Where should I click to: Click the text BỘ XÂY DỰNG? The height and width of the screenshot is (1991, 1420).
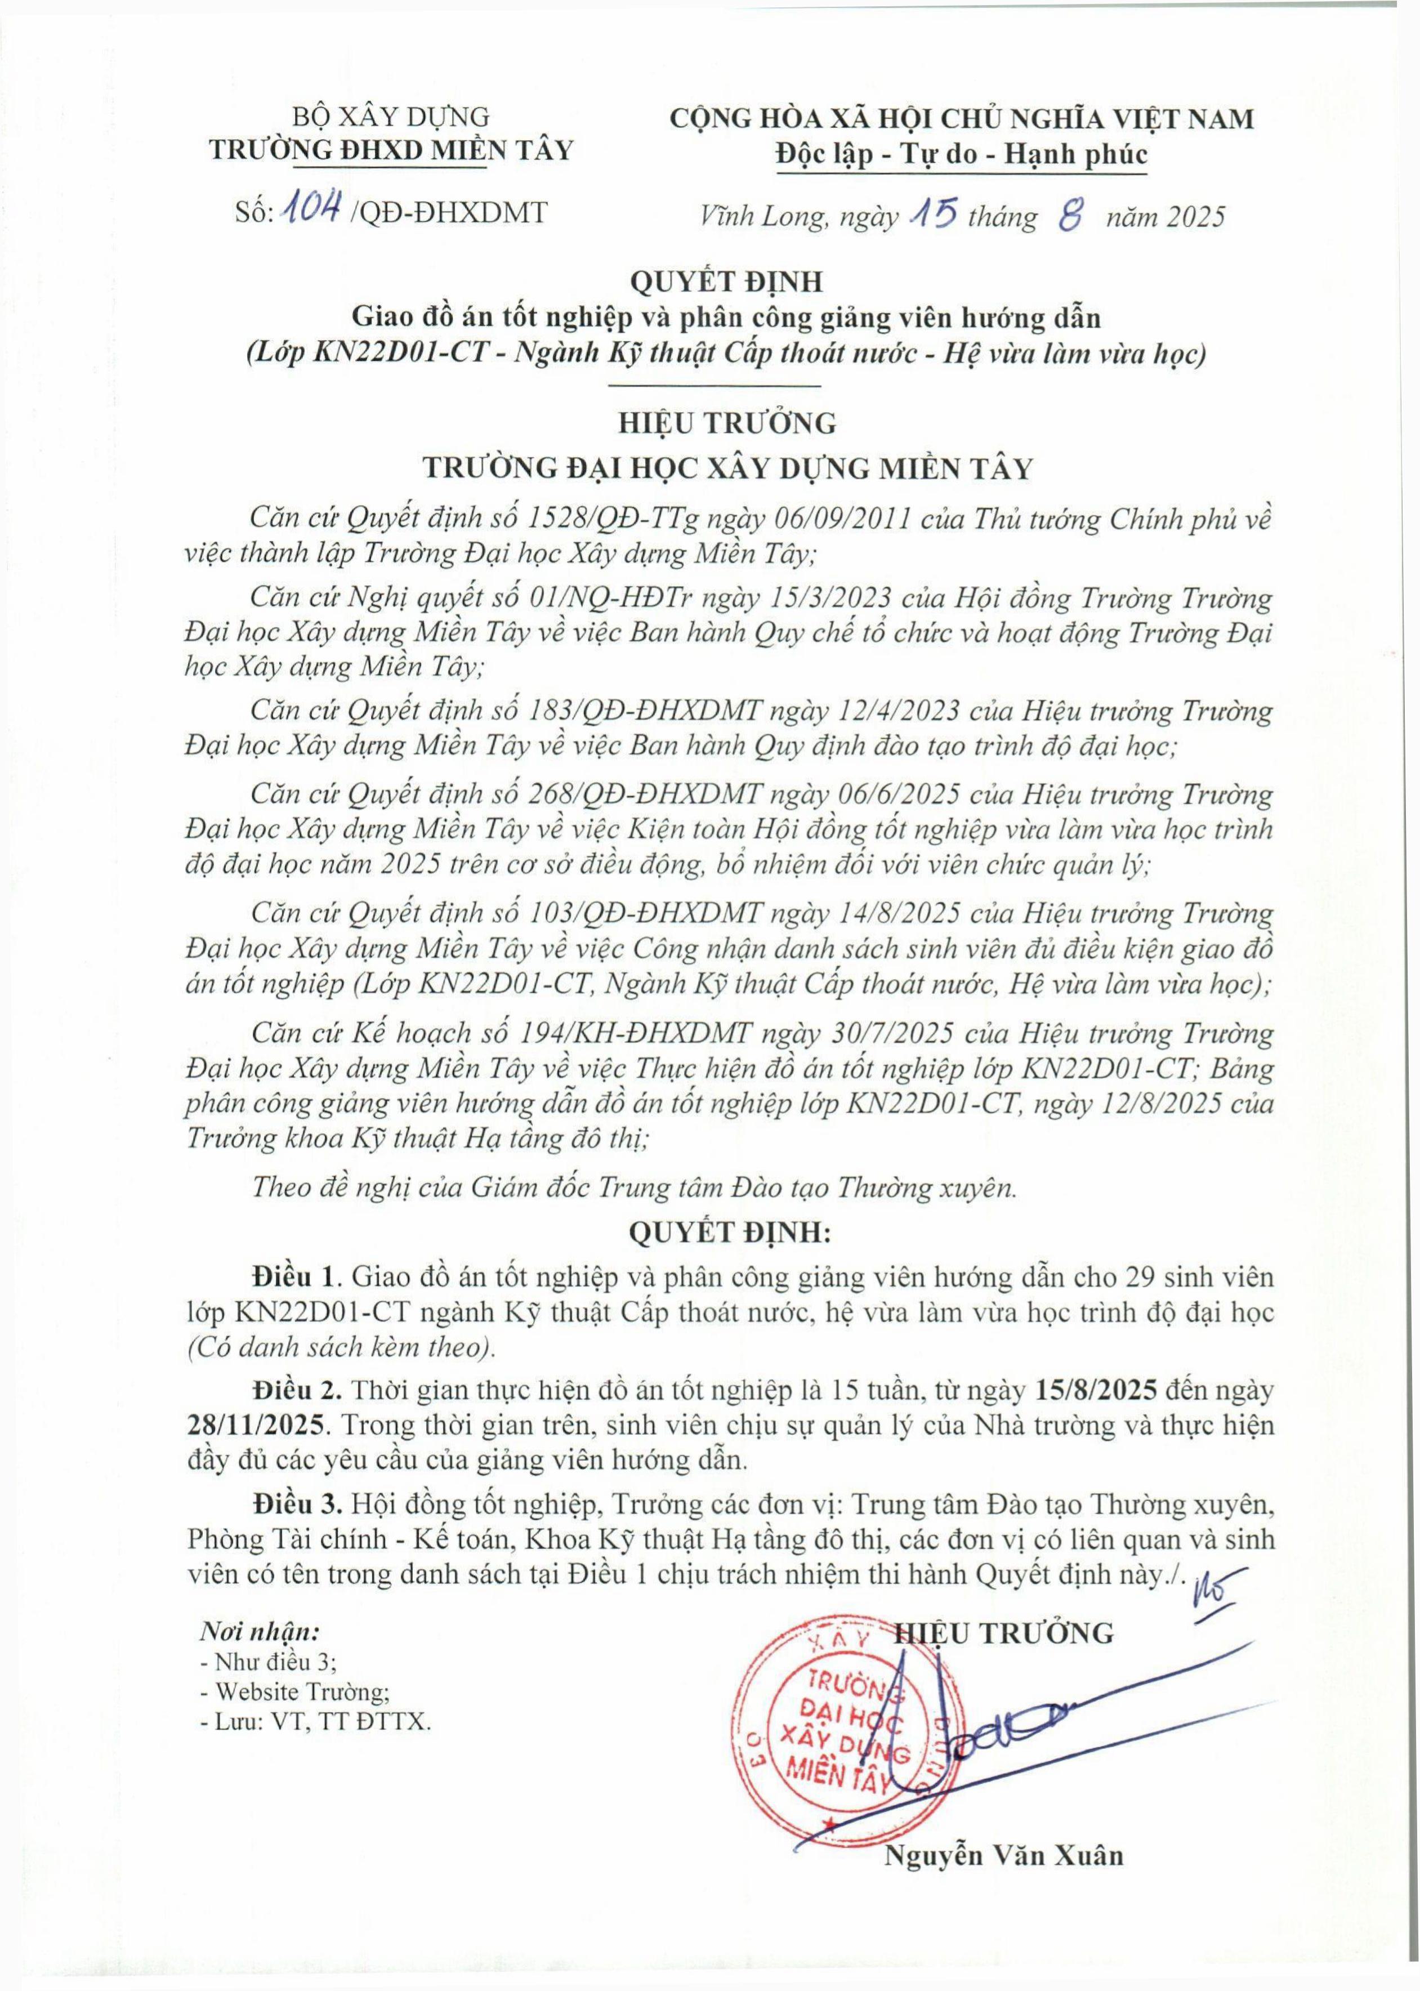pos(391,117)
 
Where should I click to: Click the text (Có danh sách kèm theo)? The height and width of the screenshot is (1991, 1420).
pos(340,1346)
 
